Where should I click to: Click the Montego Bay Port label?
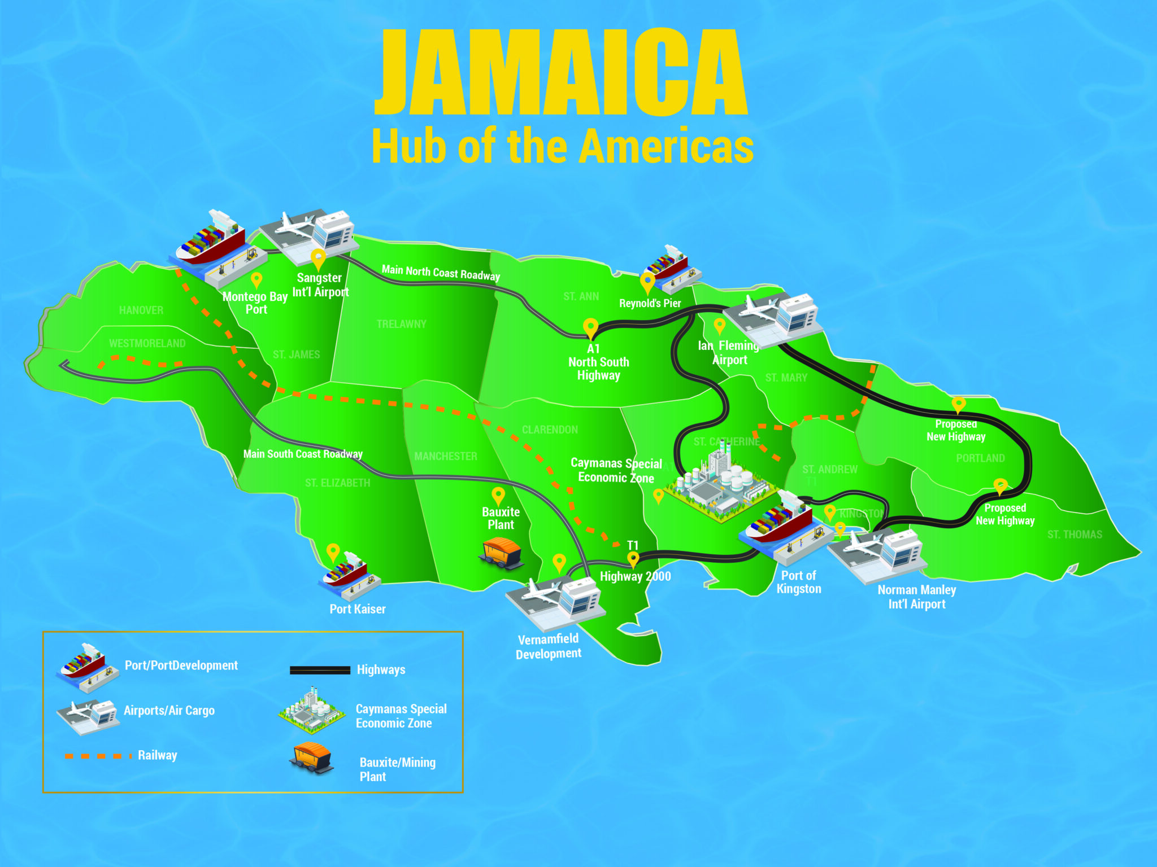click(x=255, y=303)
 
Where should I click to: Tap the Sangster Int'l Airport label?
click(x=320, y=285)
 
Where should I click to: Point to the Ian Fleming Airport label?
click(x=729, y=353)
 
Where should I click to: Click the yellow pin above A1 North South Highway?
click(x=590, y=327)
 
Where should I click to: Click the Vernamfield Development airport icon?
click(x=556, y=601)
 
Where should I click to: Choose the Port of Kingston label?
click(x=798, y=582)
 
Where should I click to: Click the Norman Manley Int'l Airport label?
click(x=916, y=597)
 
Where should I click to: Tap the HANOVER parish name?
click(x=141, y=310)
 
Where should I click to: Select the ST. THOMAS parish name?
click(x=1075, y=535)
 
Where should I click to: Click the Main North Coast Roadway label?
click(x=441, y=273)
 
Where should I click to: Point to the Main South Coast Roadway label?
click(x=303, y=454)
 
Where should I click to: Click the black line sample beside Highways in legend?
click(x=320, y=671)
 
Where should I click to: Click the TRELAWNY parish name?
click(x=401, y=324)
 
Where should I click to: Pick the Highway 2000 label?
click(x=635, y=576)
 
